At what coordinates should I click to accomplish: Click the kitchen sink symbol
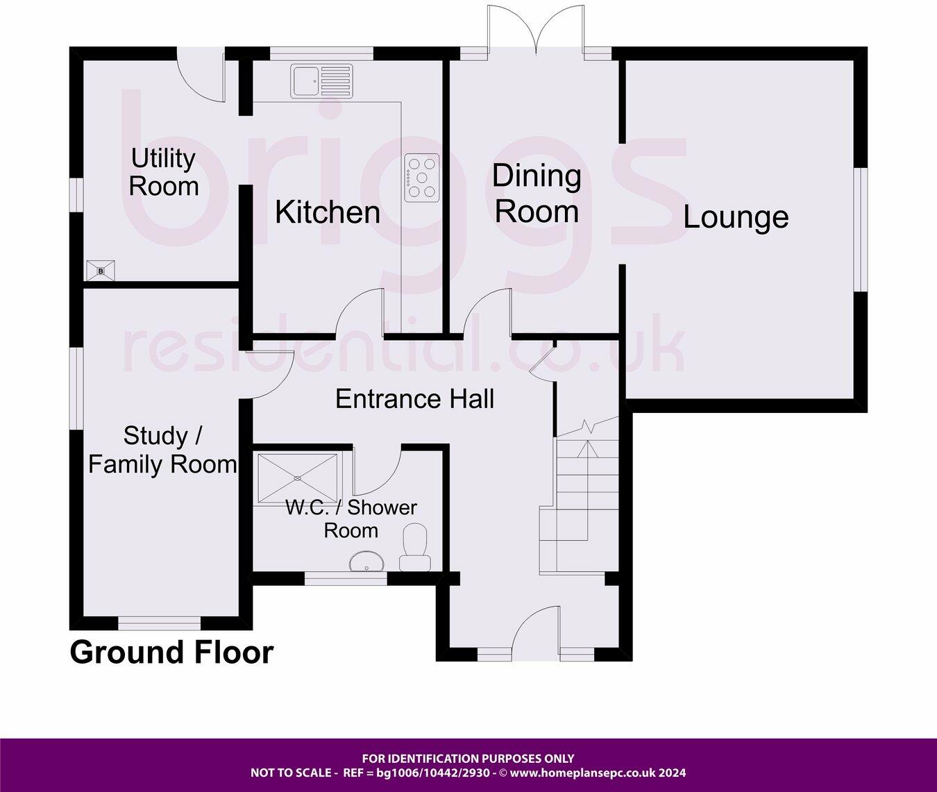tap(322, 81)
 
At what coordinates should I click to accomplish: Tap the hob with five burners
tap(422, 178)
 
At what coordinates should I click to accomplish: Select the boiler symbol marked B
tap(100, 270)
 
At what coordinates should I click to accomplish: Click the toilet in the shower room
tap(414, 548)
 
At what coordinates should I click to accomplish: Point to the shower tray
tap(298, 478)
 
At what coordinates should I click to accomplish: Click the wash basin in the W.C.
tap(368, 562)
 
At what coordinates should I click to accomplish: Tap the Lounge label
tap(736, 217)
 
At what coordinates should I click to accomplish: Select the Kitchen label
tap(328, 212)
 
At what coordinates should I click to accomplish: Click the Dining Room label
tap(537, 194)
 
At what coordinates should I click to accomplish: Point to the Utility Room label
tap(164, 173)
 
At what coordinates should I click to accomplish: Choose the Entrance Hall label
tap(414, 399)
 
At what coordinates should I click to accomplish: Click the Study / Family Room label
tap(162, 450)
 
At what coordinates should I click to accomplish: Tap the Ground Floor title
tap(171, 652)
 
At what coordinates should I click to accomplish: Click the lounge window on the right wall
tap(861, 228)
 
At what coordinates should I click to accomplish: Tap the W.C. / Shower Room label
tap(351, 519)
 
